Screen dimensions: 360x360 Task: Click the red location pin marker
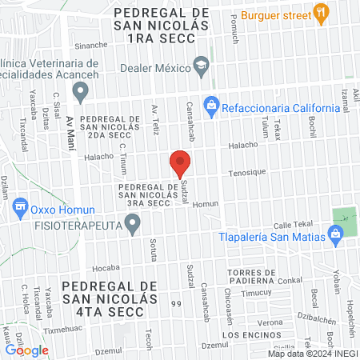180,163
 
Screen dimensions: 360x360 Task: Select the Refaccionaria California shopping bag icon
211,105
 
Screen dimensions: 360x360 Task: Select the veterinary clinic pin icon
80,93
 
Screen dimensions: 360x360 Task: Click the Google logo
26,350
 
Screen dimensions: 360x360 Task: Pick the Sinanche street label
90,46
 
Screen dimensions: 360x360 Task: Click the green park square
343,216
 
